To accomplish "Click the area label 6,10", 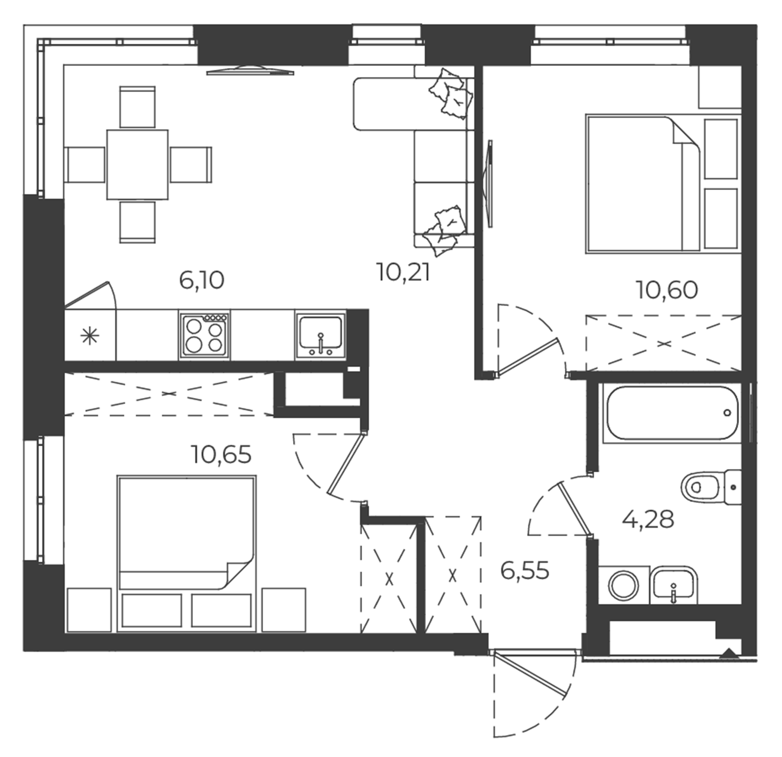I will point(201,280).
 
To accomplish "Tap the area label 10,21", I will point(403,273).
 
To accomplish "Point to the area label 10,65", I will point(221,455).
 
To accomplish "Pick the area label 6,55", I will point(524,571).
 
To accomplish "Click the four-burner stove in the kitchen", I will point(204,335).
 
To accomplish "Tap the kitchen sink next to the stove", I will point(320,335).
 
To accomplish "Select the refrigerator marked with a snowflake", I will point(90,336).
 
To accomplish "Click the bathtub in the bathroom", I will point(671,413).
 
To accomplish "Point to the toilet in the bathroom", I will point(711,487).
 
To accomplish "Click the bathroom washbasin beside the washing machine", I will point(673,585).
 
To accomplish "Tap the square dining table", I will point(137,164).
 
